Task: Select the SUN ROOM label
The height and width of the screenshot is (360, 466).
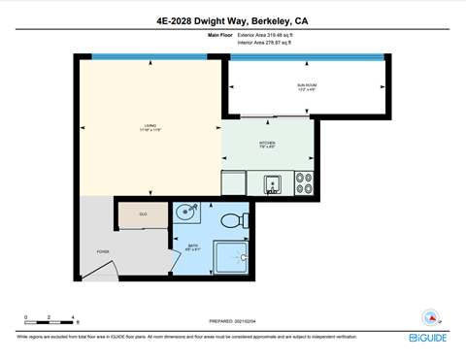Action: tap(308, 87)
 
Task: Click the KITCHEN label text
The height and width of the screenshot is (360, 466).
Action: tap(267, 145)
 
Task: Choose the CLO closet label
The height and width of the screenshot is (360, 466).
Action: tap(143, 214)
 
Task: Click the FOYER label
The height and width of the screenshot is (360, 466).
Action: tap(102, 251)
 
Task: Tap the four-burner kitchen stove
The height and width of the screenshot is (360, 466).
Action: tap(302, 182)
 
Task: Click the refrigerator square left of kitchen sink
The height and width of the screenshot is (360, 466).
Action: tap(234, 182)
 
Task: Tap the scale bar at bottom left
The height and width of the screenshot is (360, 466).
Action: tap(50, 318)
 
